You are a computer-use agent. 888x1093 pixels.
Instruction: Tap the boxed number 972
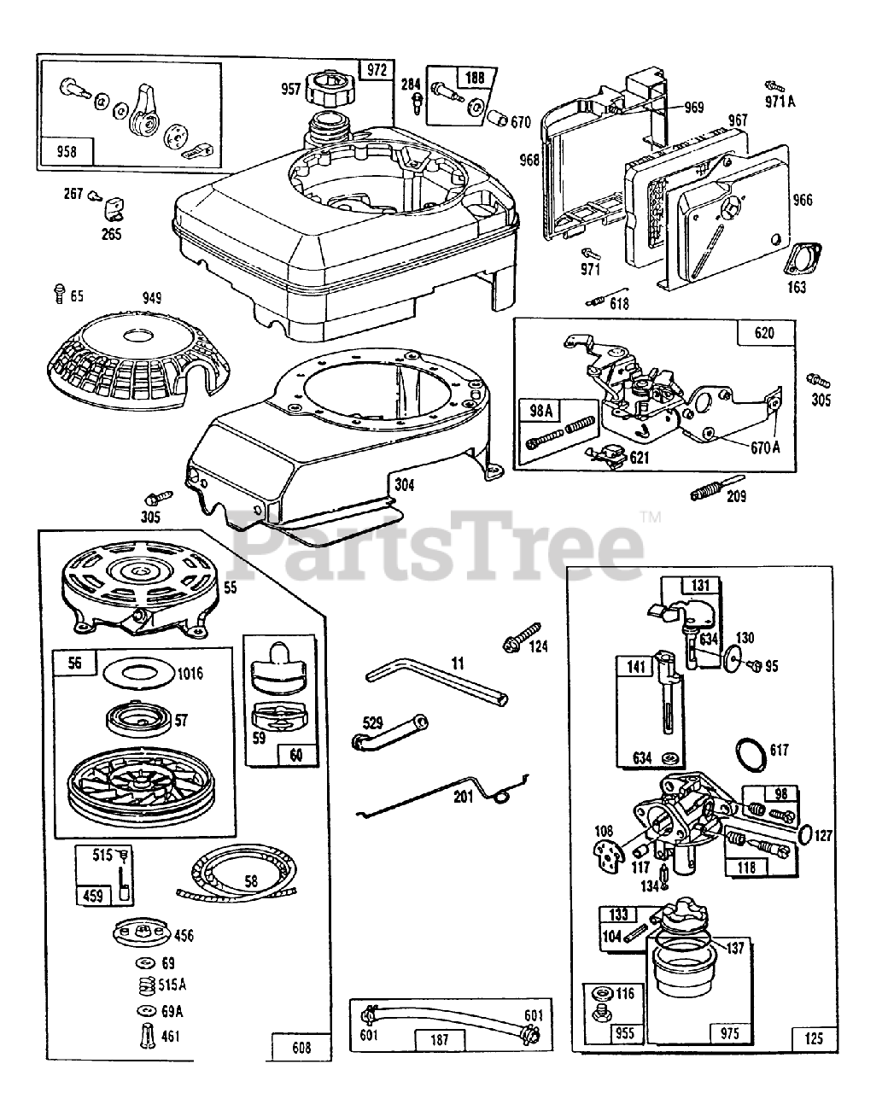click(x=377, y=71)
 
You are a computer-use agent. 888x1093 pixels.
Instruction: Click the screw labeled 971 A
click(x=774, y=86)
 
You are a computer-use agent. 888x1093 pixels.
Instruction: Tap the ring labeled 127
click(x=803, y=833)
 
